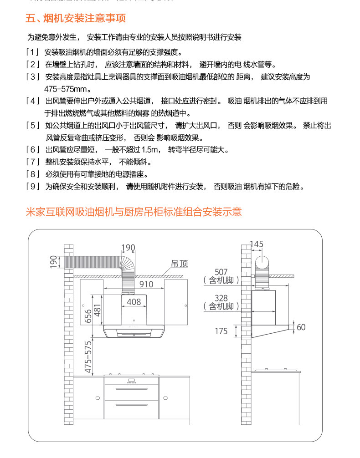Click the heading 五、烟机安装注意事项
76,19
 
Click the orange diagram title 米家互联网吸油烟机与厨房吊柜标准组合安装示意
134,212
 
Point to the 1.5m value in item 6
149,150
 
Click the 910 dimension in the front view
146,285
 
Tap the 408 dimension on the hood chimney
134,301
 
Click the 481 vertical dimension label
97,311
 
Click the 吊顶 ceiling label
180,264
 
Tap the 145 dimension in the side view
257,244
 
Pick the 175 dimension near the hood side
221,331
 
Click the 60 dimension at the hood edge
301,327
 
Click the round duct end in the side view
263,263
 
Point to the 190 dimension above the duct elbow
128,248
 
